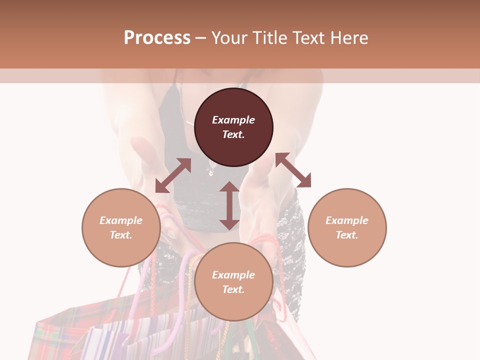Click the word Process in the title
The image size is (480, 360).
tap(157, 38)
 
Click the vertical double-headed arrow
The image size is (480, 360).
tap(229, 205)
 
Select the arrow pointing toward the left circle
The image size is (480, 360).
tap(173, 175)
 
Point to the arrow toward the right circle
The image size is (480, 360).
tap(293, 170)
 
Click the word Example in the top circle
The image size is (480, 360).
tap(233, 120)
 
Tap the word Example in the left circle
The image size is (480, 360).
tap(121, 220)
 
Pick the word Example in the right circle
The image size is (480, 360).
tap(347, 220)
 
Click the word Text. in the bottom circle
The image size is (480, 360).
tap(233, 289)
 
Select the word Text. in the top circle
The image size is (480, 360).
tap(233, 134)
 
